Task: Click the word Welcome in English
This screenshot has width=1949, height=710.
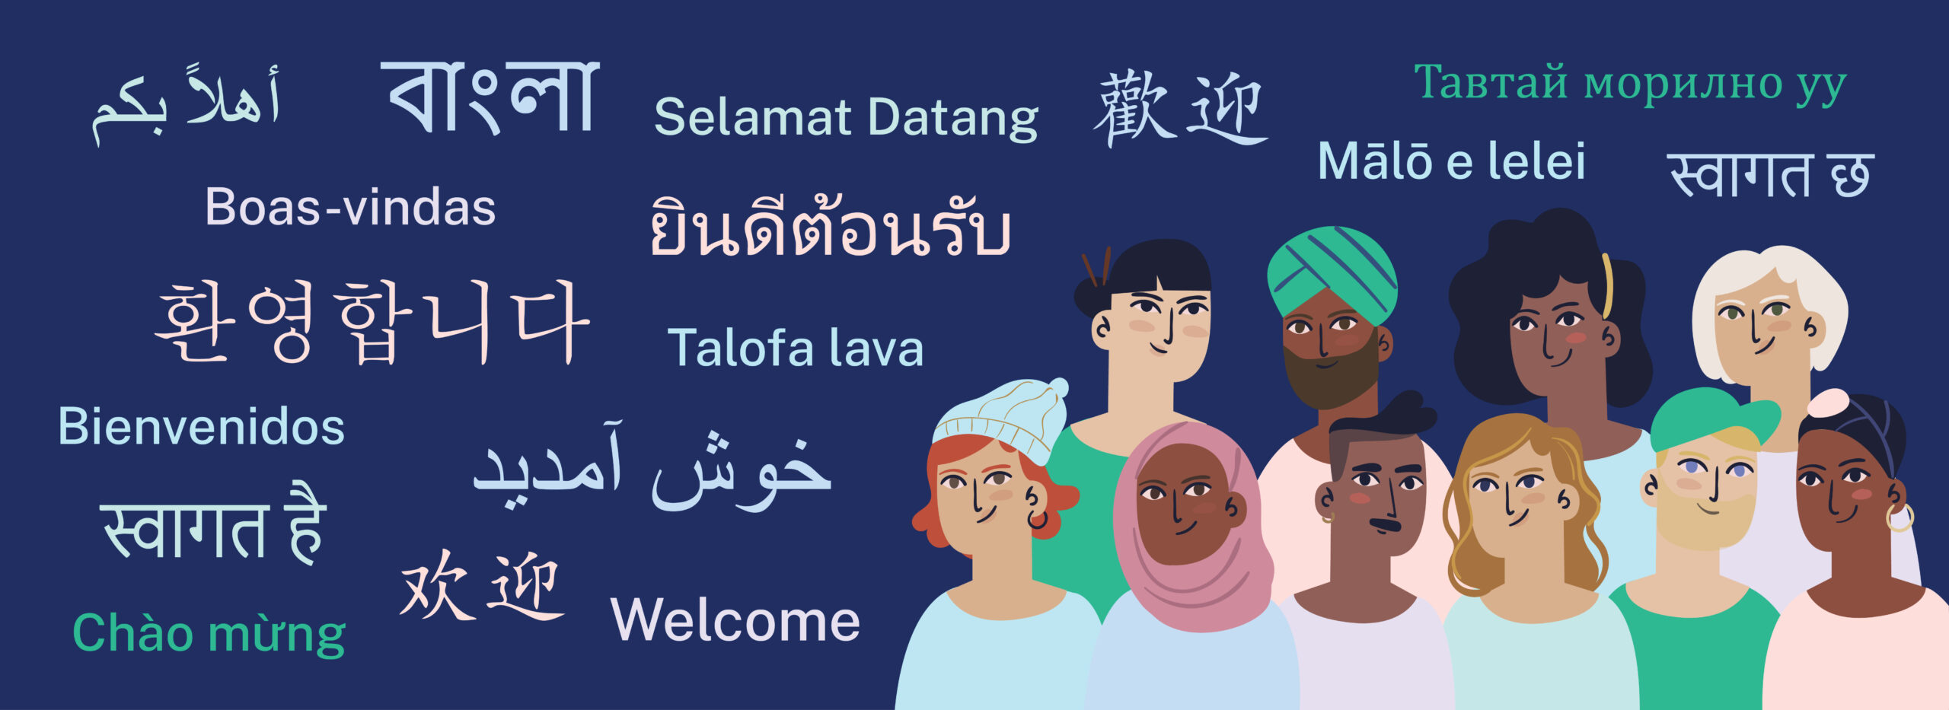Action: click(x=735, y=620)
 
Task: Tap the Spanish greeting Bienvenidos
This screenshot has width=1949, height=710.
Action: click(x=201, y=426)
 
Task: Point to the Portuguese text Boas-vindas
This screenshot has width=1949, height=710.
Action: click(x=350, y=207)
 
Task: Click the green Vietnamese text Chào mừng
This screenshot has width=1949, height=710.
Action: click(x=209, y=633)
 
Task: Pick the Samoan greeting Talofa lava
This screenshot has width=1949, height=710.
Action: click(x=796, y=348)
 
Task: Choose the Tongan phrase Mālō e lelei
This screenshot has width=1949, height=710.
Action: click(x=1452, y=161)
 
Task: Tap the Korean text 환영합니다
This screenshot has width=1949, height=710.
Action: click(x=372, y=323)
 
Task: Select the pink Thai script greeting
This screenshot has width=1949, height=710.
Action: click(x=830, y=227)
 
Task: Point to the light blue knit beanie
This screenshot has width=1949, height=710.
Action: click(x=1002, y=419)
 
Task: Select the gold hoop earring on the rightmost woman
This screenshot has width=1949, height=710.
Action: click(x=1900, y=517)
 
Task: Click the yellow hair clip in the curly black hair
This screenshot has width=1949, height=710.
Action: click(x=1607, y=285)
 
